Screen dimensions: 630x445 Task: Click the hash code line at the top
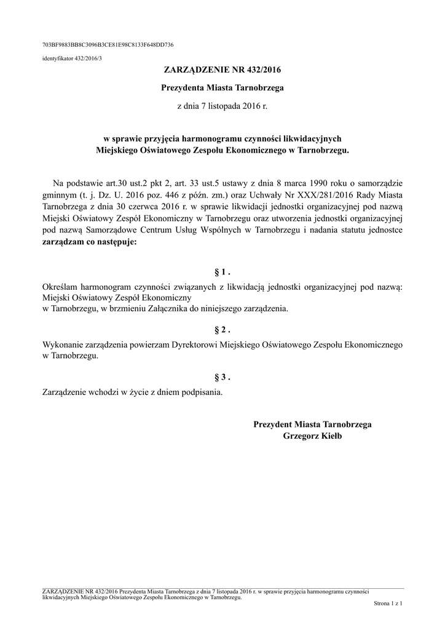pos(108,44)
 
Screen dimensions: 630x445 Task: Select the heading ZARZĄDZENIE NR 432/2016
pos(222,71)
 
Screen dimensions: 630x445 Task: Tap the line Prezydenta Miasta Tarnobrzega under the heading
pos(222,89)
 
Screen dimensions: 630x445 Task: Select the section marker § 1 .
pos(222,272)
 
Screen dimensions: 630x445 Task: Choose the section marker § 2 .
pos(222,330)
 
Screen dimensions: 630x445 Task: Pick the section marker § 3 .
pos(222,377)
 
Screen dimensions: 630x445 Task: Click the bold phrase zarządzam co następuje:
pos(90,242)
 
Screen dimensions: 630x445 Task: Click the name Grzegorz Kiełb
pos(312,436)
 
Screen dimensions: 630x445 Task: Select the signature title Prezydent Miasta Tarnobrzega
pos(312,425)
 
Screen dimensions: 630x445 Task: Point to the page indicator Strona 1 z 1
pos(387,605)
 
